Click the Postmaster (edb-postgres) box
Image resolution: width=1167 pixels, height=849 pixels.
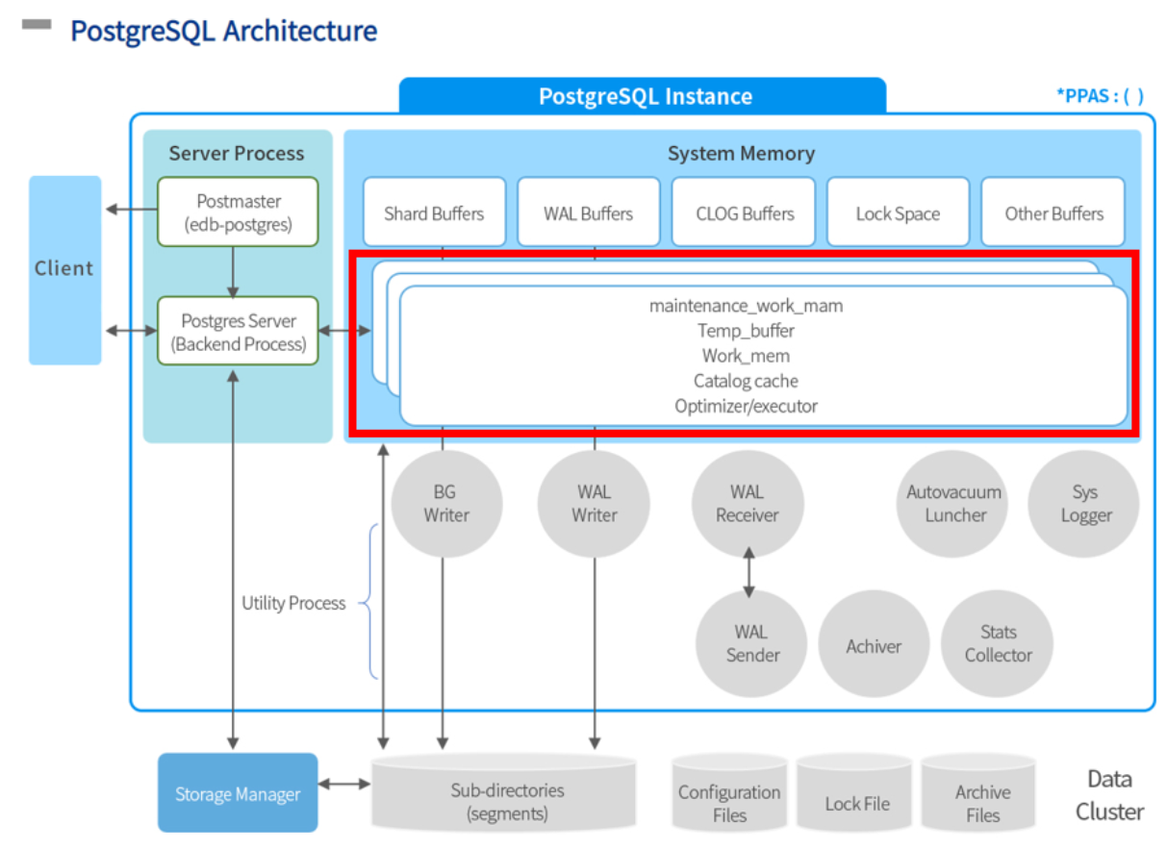pyautogui.click(x=238, y=212)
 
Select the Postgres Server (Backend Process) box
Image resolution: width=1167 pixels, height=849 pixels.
pyautogui.click(x=238, y=332)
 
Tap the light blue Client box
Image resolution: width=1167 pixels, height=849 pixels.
pyautogui.click(x=64, y=269)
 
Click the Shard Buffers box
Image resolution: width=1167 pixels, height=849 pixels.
pyautogui.click(x=434, y=212)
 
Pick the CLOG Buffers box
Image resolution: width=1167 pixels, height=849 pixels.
pyautogui.click(x=744, y=212)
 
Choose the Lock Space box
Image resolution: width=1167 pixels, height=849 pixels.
pyautogui.click(x=898, y=212)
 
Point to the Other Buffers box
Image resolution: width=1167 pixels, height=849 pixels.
pyautogui.click(x=1053, y=212)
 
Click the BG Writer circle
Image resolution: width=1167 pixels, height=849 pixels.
pyautogui.click(x=446, y=504)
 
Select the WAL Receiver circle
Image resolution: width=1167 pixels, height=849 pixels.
pyautogui.click(x=748, y=504)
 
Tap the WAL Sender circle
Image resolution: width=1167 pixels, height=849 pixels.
pyautogui.click(x=751, y=644)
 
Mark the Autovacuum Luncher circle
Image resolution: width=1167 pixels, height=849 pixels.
pyautogui.click(x=953, y=504)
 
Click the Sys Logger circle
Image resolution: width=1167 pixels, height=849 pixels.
pyautogui.click(x=1084, y=504)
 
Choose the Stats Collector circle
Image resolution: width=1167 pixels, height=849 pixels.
pyautogui.click(x=998, y=644)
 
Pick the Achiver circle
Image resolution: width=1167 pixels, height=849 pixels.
pyautogui.click(x=874, y=646)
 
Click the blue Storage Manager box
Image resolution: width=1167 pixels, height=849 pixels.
pyautogui.click(x=238, y=793)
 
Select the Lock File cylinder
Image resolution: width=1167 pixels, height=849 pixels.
pyautogui.click(x=857, y=799)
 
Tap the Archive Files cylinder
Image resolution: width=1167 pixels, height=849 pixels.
pyautogui.click(x=981, y=799)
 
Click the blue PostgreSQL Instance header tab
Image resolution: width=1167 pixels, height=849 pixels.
pyautogui.click(x=644, y=96)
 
